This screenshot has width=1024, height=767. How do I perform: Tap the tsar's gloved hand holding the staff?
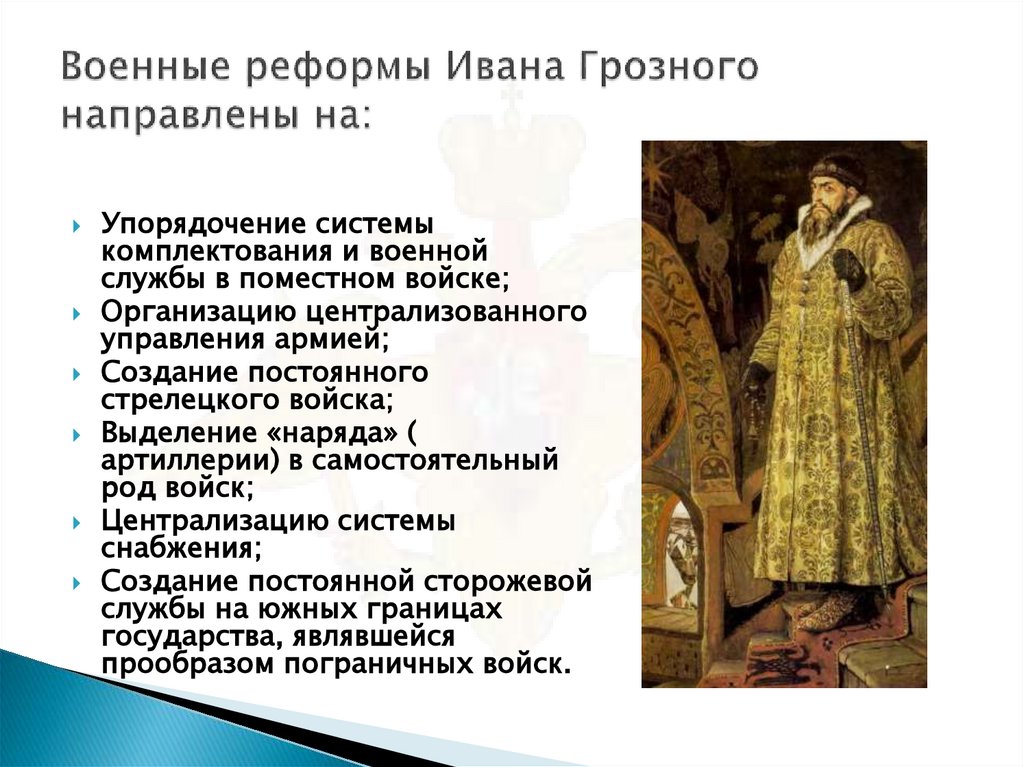click(849, 267)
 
